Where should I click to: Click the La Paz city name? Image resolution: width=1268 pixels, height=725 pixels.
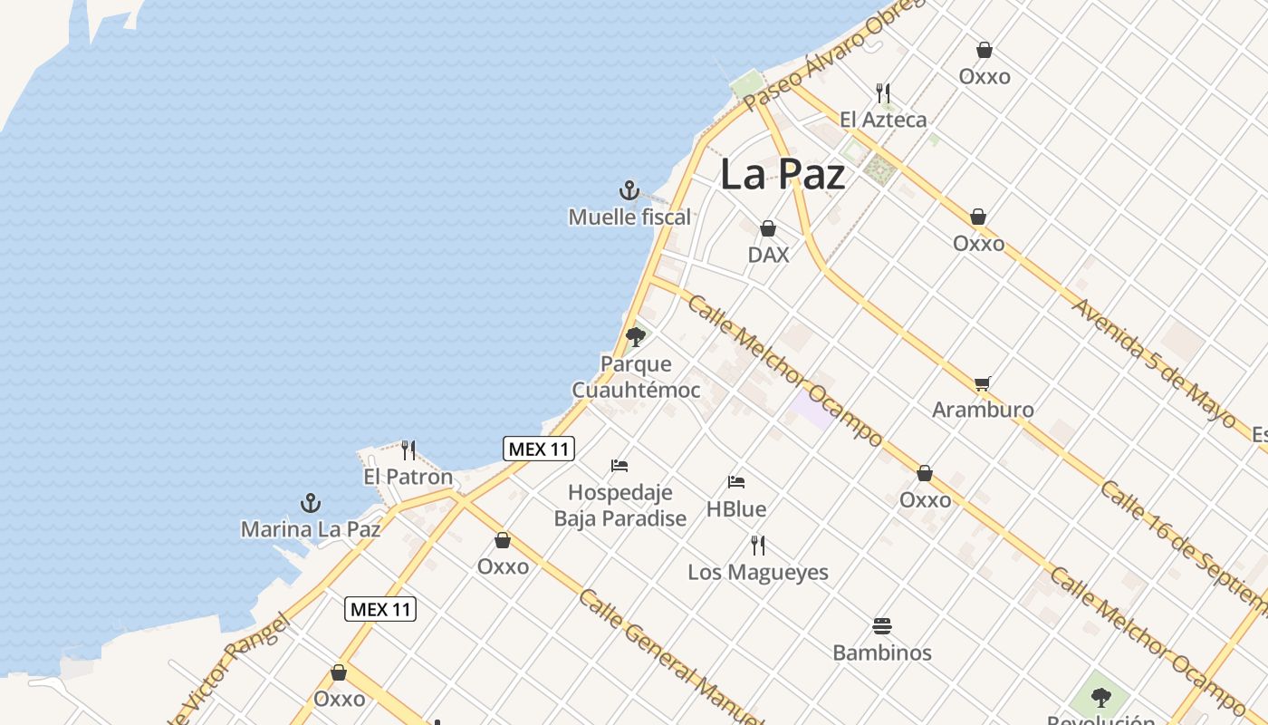(x=783, y=175)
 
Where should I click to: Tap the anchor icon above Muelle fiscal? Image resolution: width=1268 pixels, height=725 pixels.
(x=629, y=190)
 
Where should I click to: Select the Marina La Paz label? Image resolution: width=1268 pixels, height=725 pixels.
(x=310, y=528)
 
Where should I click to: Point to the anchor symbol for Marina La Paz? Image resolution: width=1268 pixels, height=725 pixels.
(x=311, y=503)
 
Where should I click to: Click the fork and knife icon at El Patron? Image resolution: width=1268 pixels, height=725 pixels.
(x=408, y=450)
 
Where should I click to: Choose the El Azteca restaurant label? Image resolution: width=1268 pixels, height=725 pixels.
(x=883, y=120)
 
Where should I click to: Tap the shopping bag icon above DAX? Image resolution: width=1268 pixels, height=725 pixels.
(x=768, y=228)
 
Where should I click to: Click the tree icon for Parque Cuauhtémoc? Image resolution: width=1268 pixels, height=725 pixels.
(x=636, y=337)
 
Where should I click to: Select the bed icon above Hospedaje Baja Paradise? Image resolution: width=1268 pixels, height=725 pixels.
(x=620, y=466)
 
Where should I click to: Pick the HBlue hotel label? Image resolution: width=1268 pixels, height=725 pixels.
(x=736, y=509)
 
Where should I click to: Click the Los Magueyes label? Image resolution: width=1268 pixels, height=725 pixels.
(x=758, y=572)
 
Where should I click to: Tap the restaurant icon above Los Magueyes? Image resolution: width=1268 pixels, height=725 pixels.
(x=758, y=546)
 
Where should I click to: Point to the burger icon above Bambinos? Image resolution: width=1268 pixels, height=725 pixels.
(x=882, y=625)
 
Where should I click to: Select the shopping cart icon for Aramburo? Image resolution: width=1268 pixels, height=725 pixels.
(x=983, y=384)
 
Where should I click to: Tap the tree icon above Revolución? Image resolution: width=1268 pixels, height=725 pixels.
(x=1101, y=697)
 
